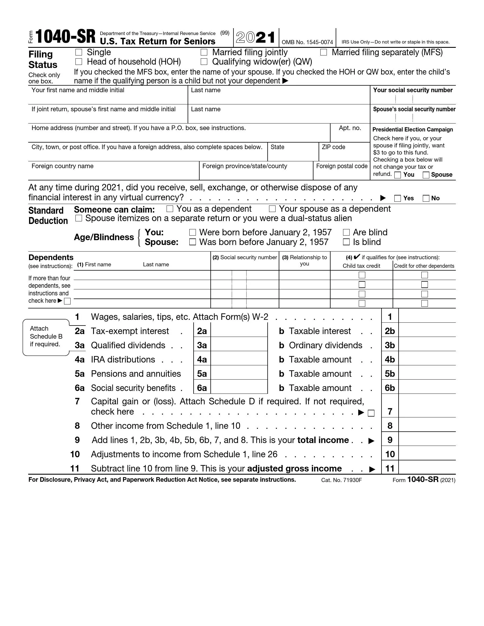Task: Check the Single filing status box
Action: tap(79, 52)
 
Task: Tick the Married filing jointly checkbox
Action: tap(204, 52)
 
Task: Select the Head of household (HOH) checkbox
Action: tap(79, 62)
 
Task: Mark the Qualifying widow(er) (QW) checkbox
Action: tap(204, 62)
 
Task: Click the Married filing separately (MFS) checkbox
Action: tap(323, 52)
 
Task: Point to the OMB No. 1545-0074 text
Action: tap(307, 42)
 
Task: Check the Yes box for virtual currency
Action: tap(397, 198)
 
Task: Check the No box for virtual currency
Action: tap(426, 198)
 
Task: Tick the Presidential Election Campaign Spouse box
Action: tap(426, 175)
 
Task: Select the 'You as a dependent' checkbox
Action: tap(170, 209)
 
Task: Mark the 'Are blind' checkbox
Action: tap(346, 232)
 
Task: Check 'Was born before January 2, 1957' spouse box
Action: tap(193, 242)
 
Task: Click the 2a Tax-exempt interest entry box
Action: tap(239, 331)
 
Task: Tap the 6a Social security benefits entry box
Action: tap(239, 388)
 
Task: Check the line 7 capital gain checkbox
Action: tap(371, 413)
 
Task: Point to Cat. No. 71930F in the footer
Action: tap(341, 480)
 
